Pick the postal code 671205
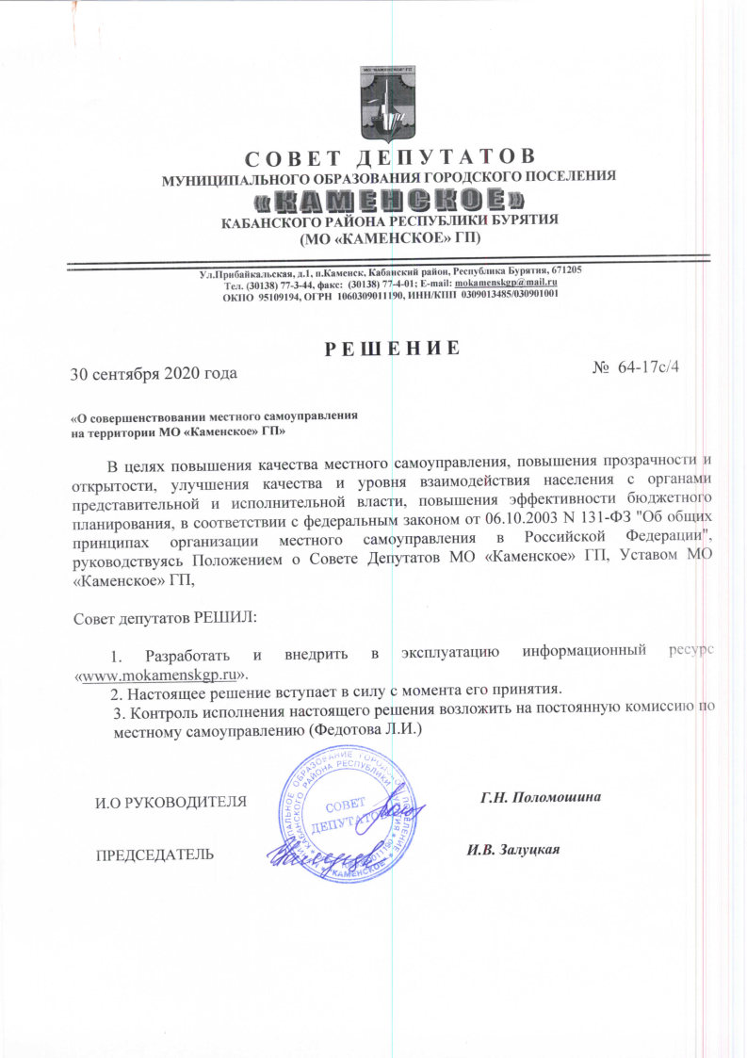[x=562, y=270]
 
